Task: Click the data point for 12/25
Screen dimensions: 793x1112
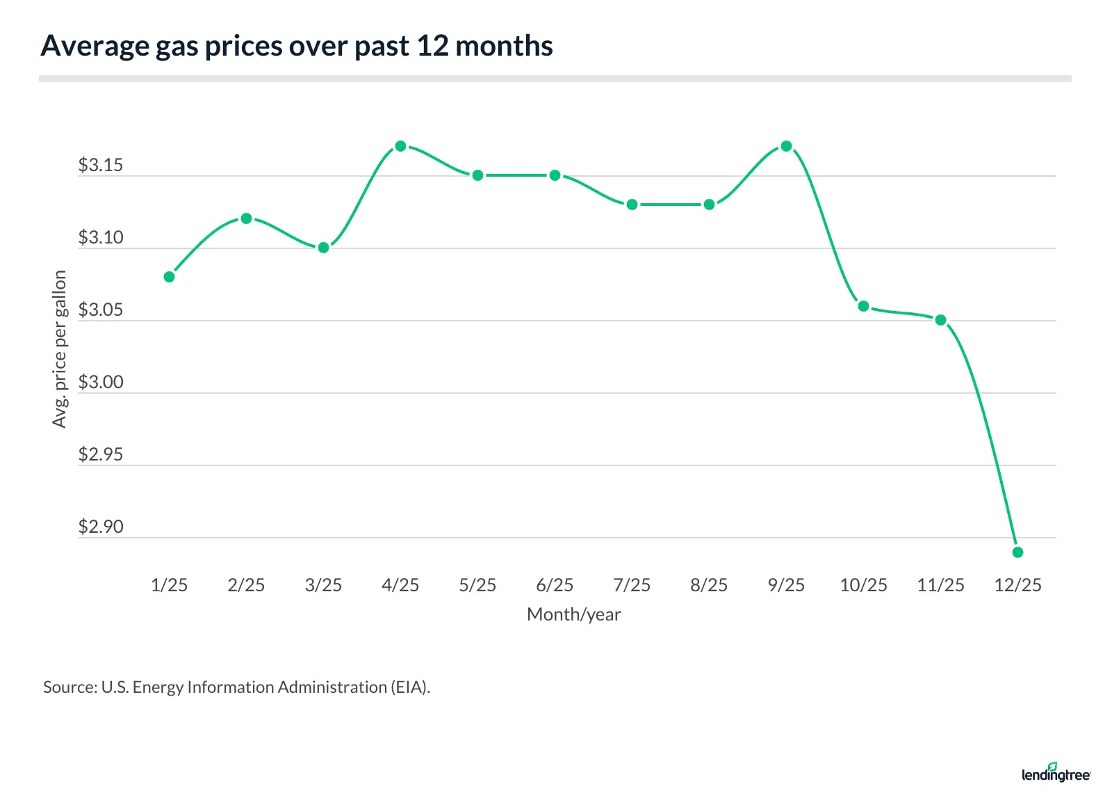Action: pos(1017,552)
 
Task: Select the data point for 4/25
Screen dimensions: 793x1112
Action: pos(400,146)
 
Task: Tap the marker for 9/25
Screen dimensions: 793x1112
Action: pos(786,146)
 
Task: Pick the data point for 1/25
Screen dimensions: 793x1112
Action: pos(169,277)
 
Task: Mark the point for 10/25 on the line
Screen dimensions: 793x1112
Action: pos(863,306)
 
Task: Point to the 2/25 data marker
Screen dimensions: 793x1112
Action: pos(246,218)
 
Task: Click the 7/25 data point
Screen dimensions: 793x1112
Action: pos(632,205)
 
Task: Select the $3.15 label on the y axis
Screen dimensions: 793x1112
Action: pos(101,166)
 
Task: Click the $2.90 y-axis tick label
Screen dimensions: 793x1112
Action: pos(101,527)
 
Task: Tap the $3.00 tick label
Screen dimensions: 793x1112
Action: pos(101,383)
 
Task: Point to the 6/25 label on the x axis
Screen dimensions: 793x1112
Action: pos(555,585)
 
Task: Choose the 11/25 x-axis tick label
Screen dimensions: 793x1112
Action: pos(940,585)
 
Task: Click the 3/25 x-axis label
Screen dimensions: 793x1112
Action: pos(323,585)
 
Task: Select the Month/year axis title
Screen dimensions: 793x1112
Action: pos(573,614)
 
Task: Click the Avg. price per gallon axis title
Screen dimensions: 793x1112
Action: pos(60,349)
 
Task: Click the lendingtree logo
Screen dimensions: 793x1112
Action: pos(1056,773)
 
